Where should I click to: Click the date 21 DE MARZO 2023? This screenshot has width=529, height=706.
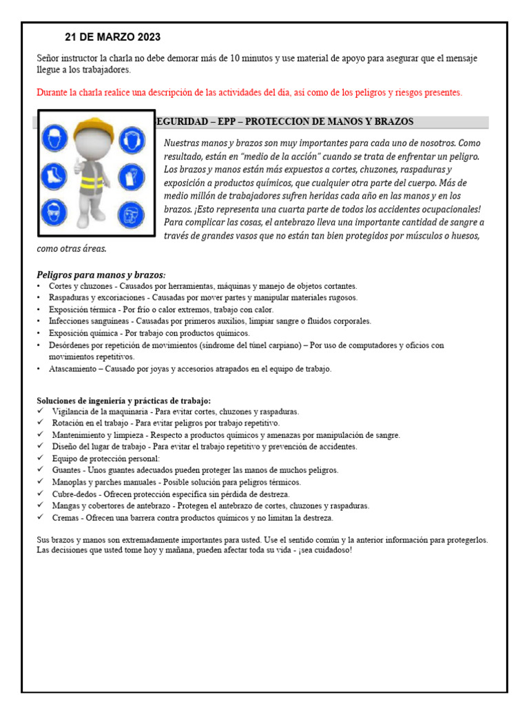pyautogui.click(x=112, y=37)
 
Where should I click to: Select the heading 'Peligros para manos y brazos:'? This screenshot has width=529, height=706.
pyautogui.click(x=101, y=275)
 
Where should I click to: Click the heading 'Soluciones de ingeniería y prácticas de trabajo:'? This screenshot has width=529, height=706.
pyautogui.click(x=124, y=401)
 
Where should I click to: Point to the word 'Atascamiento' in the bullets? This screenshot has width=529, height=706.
pyautogui.click(x=72, y=369)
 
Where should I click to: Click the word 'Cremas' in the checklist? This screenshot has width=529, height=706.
pyautogui.click(x=65, y=517)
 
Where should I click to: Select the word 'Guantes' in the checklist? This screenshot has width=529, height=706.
pyautogui.click(x=67, y=470)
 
